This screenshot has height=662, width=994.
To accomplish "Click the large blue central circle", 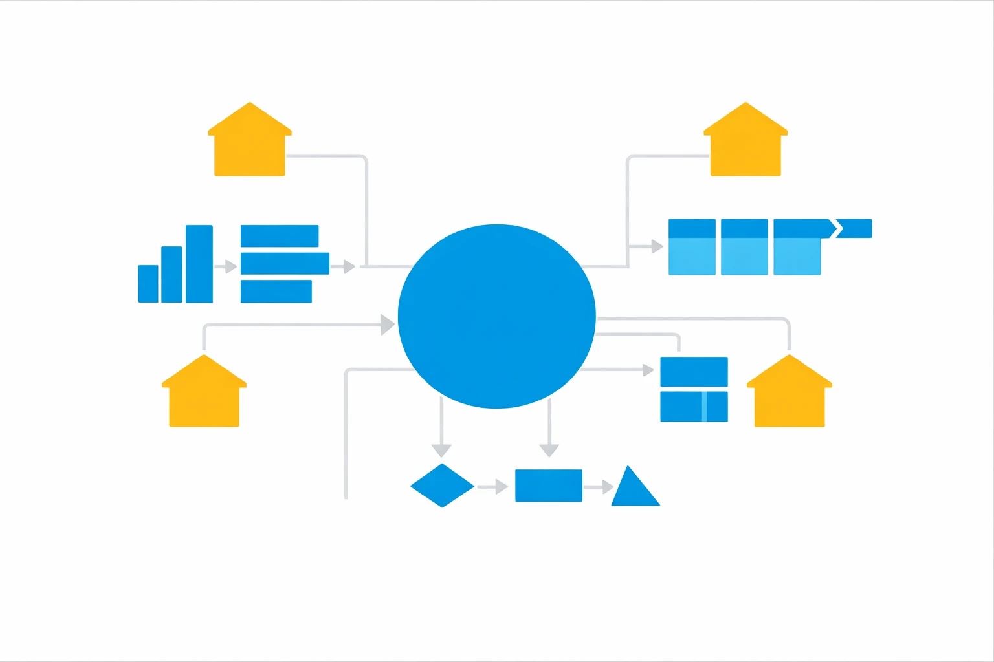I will tap(496, 316).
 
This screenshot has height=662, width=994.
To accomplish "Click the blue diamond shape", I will tap(442, 486).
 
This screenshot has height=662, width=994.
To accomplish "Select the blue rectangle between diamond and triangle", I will tap(549, 486).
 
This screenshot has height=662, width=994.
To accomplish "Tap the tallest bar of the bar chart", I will tap(199, 264).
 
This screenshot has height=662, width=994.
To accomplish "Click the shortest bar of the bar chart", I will tap(148, 284).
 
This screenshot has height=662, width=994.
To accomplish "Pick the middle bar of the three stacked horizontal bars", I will tap(285, 264).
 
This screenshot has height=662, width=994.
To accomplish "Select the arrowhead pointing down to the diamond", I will tap(441, 450).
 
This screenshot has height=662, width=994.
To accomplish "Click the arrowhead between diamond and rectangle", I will tap(502, 486).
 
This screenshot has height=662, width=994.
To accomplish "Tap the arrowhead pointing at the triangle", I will tap(608, 487).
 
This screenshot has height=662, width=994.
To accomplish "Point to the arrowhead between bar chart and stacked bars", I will tap(231, 266).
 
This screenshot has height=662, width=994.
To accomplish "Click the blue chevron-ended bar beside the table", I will tap(854, 228).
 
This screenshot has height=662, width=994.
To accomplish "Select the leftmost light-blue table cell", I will tap(692, 256).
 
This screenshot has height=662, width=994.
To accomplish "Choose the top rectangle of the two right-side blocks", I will tap(694, 372).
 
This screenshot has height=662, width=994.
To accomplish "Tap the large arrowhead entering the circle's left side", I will tap(387, 325).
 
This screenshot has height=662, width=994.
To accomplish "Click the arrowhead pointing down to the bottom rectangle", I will tap(549, 450).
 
